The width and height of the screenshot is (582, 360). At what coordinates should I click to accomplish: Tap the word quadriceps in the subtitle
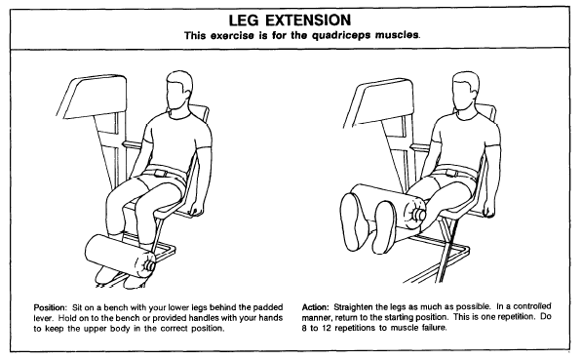(x=341, y=36)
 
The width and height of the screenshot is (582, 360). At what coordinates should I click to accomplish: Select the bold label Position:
(x=50, y=307)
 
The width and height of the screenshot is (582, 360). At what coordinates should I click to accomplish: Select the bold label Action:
(x=316, y=307)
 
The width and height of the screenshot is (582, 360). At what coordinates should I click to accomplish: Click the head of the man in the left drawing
(x=178, y=91)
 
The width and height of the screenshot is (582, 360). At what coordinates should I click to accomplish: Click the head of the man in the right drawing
(x=465, y=91)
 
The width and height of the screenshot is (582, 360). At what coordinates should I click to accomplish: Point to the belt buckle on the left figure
(x=161, y=173)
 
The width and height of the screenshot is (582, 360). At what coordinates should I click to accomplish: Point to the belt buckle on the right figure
(x=450, y=173)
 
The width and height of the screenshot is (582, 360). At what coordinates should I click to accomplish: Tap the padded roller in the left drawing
(x=121, y=257)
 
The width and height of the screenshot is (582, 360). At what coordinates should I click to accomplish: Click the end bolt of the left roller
(x=149, y=265)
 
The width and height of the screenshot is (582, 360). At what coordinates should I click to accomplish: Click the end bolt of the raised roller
(x=419, y=215)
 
